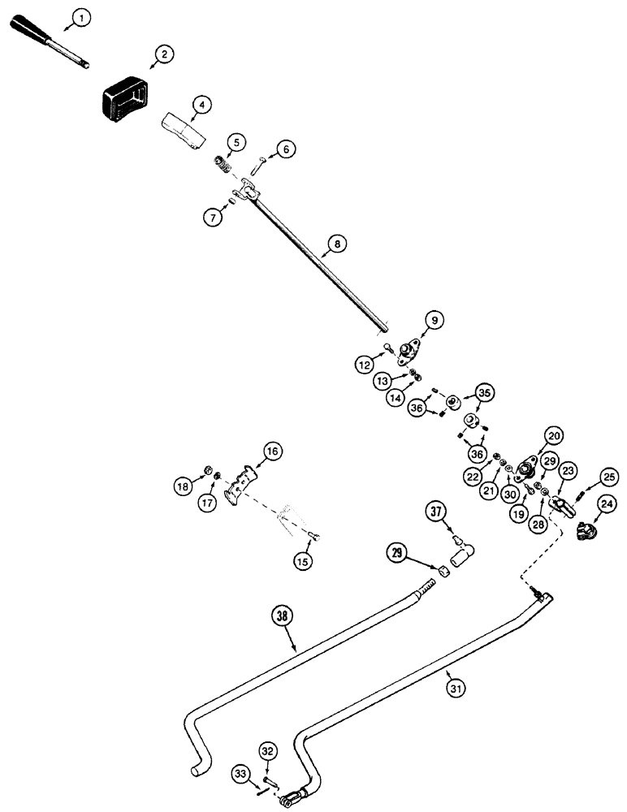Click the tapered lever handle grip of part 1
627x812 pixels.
point(45,36)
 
